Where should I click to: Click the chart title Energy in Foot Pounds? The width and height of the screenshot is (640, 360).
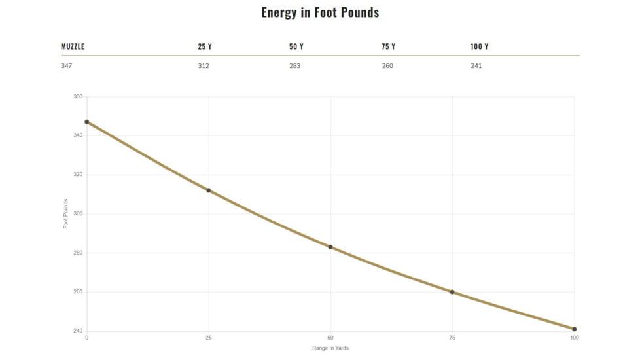click(x=320, y=12)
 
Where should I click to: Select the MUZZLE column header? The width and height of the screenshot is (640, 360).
click(x=73, y=46)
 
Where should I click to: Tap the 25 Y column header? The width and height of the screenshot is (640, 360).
click(x=205, y=46)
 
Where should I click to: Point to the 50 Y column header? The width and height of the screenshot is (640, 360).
click(x=296, y=46)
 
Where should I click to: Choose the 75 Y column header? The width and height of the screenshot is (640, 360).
click(x=389, y=46)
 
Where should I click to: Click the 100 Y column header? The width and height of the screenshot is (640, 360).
click(x=480, y=46)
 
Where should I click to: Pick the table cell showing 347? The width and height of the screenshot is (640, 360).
click(x=67, y=66)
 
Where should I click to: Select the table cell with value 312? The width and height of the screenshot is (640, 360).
click(x=204, y=66)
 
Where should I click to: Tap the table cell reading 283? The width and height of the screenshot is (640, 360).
click(x=295, y=66)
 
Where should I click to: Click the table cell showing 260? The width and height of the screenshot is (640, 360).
click(x=387, y=66)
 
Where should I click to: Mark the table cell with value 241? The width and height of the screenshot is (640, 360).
click(x=476, y=66)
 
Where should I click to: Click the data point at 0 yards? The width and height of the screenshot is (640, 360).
click(x=87, y=122)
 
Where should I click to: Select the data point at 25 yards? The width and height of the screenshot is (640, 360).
click(x=209, y=190)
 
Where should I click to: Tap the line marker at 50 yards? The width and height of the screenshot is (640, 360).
click(x=330, y=247)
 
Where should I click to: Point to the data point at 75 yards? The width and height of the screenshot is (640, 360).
click(x=452, y=292)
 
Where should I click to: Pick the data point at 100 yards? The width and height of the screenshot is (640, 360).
click(x=575, y=329)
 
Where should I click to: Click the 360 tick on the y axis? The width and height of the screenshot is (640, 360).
click(x=78, y=97)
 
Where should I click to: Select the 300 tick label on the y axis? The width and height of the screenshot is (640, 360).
click(x=78, y=214)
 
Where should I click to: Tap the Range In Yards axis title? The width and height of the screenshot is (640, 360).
click(x=330, y=348)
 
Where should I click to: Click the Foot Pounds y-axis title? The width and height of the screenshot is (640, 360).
click(x=65, y=214)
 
